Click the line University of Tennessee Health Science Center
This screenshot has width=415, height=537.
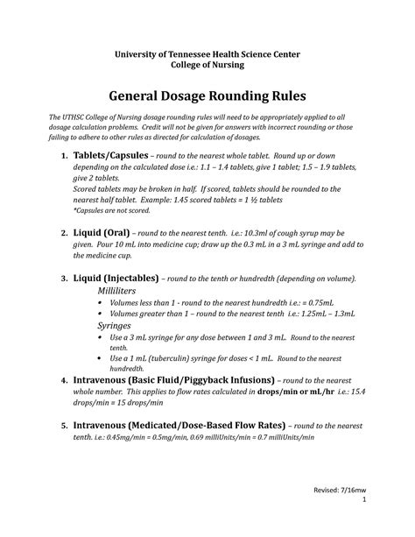207,53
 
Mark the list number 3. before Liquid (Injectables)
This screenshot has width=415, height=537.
64,278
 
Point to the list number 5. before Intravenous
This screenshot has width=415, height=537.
64,426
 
